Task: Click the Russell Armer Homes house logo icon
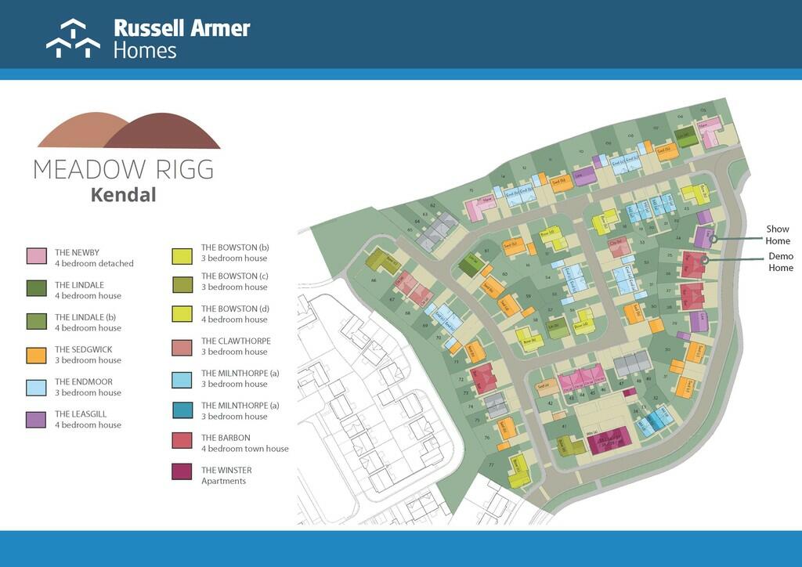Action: coord(73,39)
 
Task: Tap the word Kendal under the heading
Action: coord(123,195)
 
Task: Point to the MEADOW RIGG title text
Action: coord(123,168)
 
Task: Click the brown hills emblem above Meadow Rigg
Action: coord(129,131)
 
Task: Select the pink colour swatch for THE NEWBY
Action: coord(37,256)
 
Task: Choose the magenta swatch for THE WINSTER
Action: coord(182,473)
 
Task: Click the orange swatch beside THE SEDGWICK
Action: coord(37,353)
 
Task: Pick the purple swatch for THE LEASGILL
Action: coord(37,418)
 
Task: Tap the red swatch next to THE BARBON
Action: coord(182,440)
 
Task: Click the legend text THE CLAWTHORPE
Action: coord(236,341)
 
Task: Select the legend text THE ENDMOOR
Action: coord(83,382)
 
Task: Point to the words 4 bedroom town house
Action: coord(245,449)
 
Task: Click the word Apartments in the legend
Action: coord(223,481)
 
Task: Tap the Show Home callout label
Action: coord(778,235)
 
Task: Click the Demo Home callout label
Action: coord(780,262)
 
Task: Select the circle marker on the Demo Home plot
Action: coord(705,260)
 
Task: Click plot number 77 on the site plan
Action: coord(491,465)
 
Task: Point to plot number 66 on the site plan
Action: coord(374,280)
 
